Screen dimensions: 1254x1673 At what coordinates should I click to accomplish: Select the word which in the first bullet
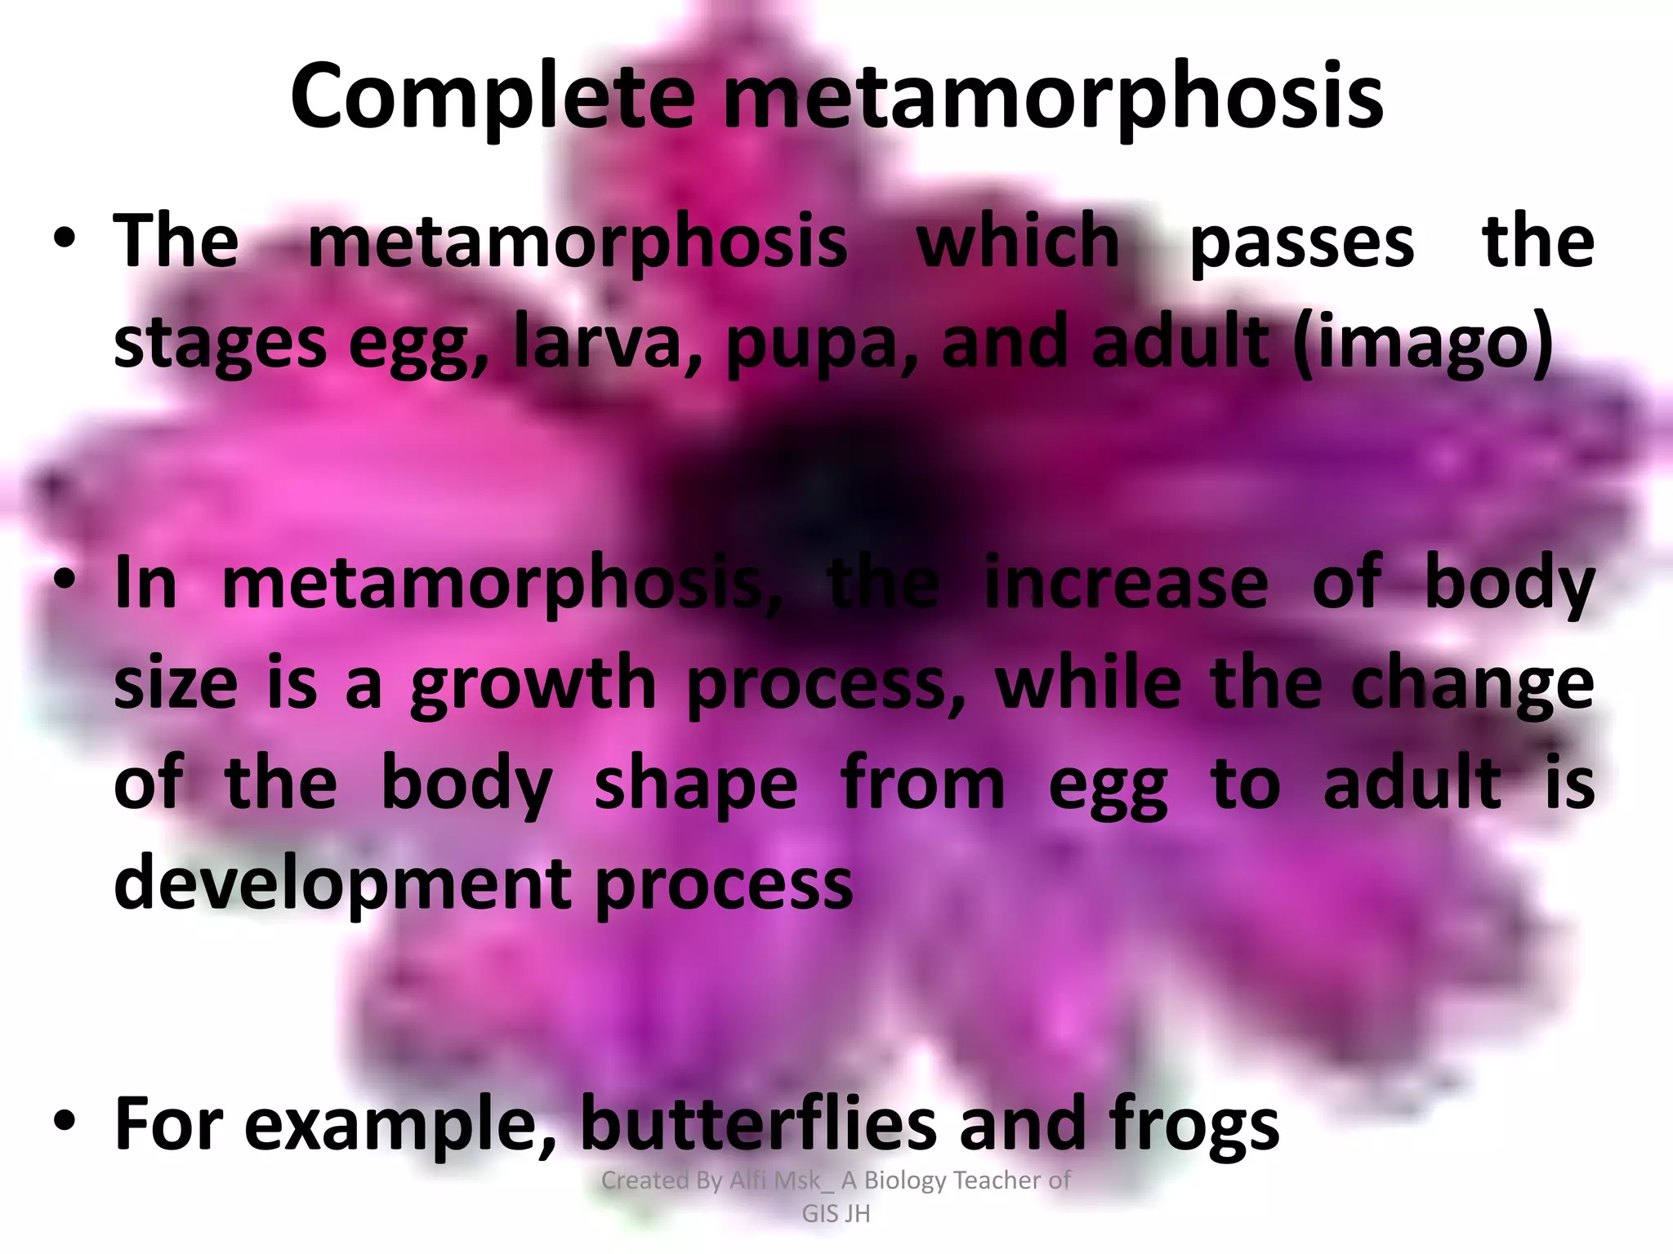[1018, 242]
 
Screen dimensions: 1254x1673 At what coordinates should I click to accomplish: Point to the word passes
[1302, 243]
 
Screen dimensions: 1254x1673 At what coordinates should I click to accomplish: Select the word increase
[1126, 583]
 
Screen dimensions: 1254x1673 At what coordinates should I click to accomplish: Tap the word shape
[695, 785]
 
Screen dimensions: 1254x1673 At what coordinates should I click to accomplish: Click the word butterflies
[759, 1124]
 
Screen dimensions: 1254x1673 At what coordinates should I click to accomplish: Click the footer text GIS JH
[836, 1214]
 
